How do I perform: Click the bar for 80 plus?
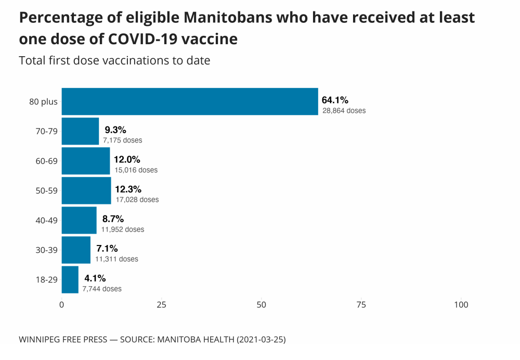pyautogui.click(x=190, y=101)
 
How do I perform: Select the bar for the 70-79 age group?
pyautogui.click(x=80, y=131)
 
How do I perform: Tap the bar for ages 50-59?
pyautogui.click(x=86, y=190)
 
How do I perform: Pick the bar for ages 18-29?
pyautogui.click(x=70, y=279)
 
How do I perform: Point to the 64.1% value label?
pyautogui.click(x=335, y=100)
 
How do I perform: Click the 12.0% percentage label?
pyautogui.click(x=127, y=159)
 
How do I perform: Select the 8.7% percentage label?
pyautogui.click(x=113, y=218)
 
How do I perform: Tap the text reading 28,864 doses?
pyautogui.click(x=344, y=111)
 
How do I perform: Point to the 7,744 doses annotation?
pyautogui.click(x=102, y=289)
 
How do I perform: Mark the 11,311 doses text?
pyautogui.click(x=116, y=259)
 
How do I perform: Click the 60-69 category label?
pyautogui.click(x=46, y=161)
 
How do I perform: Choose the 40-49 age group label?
pyautogui.click(x=46, y=221)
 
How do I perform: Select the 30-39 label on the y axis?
pyautogui.click(x=46, y=250)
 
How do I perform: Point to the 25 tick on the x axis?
pyautogui.click(x=161, y=305)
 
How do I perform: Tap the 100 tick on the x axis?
pyautogui.click(x=461, y=305)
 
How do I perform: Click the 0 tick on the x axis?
pyautogui.click(x=62, y=305)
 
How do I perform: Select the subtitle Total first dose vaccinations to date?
pyautogui.click(x=114, y=60)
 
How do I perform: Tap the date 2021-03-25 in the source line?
pyautogui.click(x=261, y=340)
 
